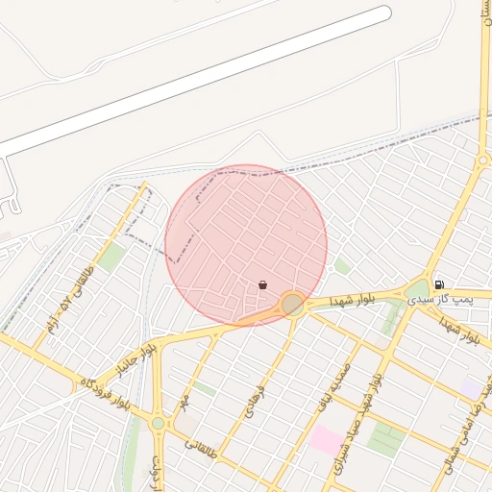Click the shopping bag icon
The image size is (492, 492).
262,284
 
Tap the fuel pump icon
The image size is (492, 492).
439,283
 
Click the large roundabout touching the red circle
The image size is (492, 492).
293,305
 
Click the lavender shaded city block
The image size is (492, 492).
470,386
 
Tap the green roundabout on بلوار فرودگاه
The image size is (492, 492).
158,423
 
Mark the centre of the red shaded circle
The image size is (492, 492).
246,245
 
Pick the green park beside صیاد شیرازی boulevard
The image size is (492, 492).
386,438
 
